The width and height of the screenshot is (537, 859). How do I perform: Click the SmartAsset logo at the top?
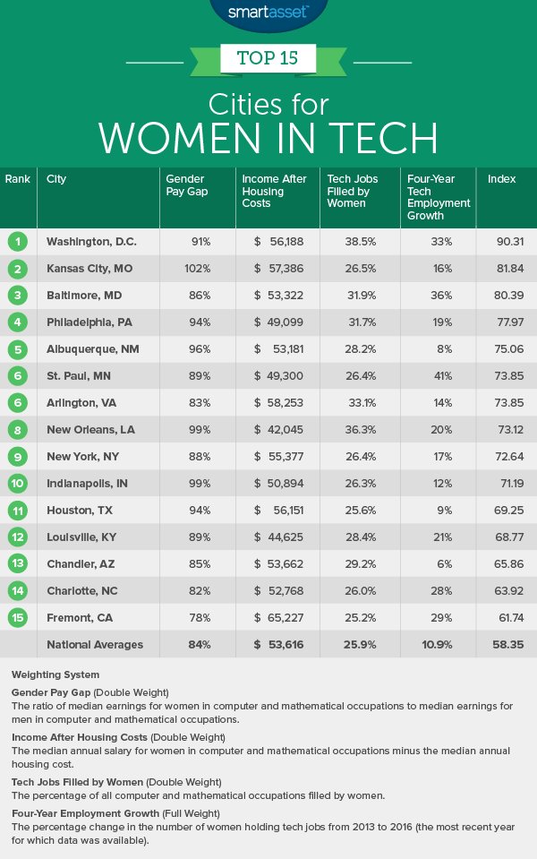[268, 12]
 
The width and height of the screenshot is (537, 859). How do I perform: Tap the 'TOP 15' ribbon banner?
[268, 60]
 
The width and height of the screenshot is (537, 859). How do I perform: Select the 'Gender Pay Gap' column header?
[185, 185]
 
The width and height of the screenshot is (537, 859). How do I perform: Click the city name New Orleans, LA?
[89, 430]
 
